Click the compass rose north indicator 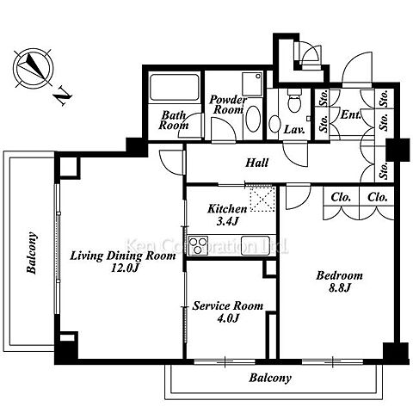[33, 69]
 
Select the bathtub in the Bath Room [175, 87]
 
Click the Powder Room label [227, 104]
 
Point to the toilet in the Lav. [294, 101]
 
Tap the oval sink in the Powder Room [253, 119]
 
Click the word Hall [257, 163]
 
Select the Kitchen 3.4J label [227, 215]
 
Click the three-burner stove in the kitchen [198, 245]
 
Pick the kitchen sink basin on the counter [255, 245]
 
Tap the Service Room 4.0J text [227, 311]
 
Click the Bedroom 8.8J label [340, 281]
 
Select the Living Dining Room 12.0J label [123, 262]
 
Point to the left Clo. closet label [341, 197]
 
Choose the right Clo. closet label [378, 197]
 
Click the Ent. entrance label [350, 115]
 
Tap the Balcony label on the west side [32, 253]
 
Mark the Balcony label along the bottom [270, 378]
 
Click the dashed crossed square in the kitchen [262, 199]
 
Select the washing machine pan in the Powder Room [252, 84]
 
